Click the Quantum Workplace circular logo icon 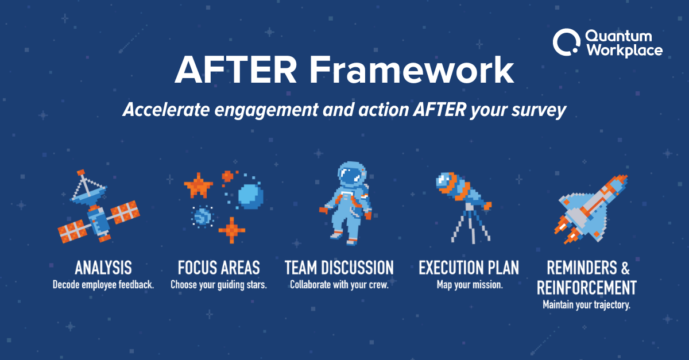(x=566, y=43)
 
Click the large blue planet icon (x=250, y=195)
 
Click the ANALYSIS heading (x=103, y=268)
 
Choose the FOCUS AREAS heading (x=218, y=268)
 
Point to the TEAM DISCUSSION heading (x=339, y=268)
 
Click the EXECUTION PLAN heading (x=469, y=268)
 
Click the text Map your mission (x=469, y=285)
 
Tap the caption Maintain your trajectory (x=586, y=305)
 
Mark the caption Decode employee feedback (x=103, y=285)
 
